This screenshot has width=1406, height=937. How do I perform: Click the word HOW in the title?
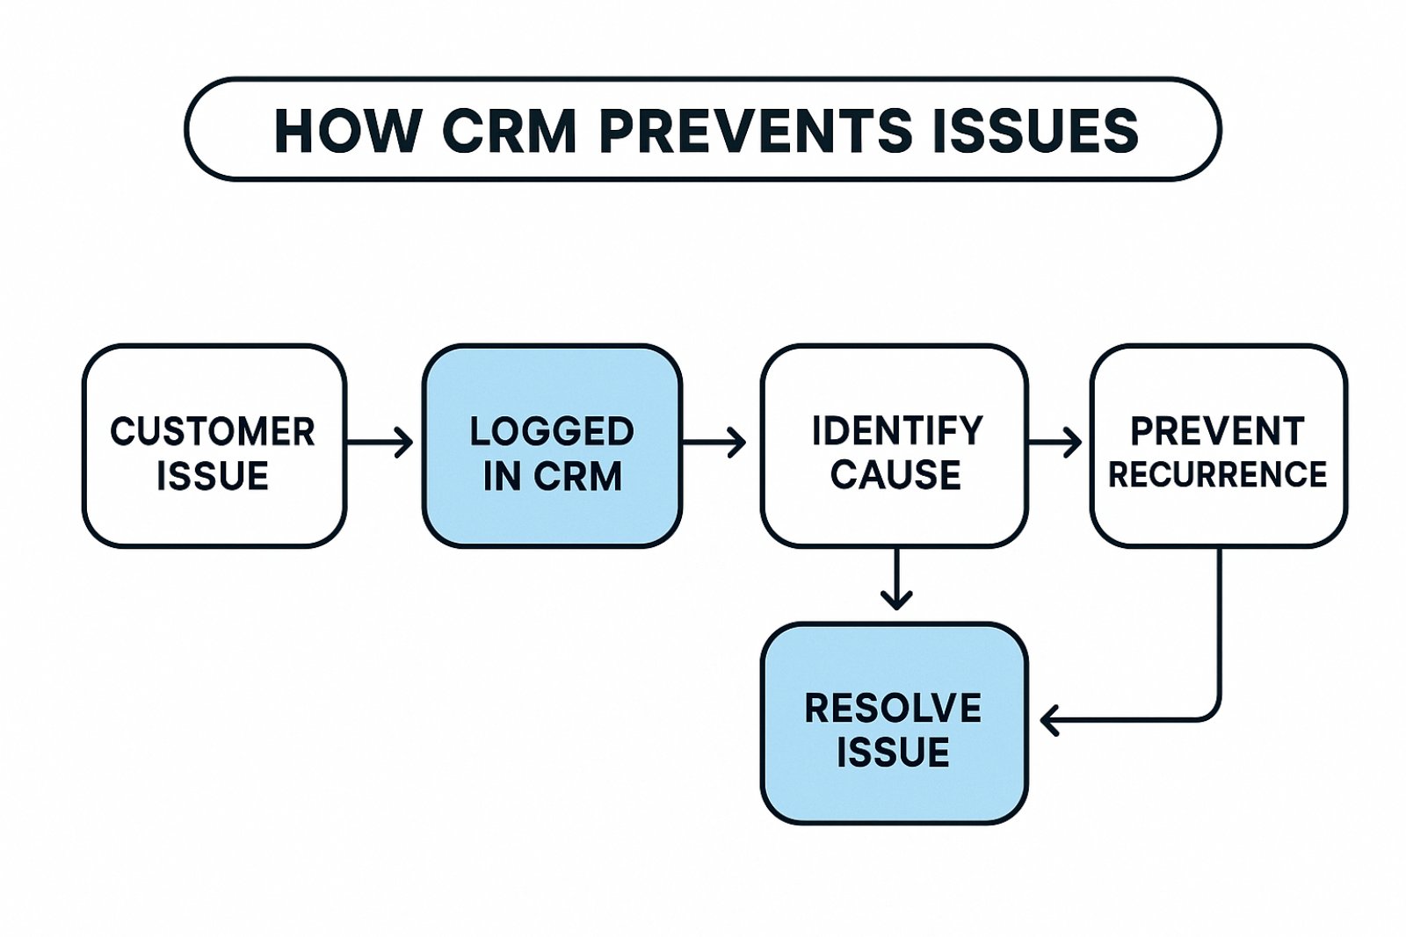347,131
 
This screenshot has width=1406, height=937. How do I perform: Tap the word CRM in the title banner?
509,131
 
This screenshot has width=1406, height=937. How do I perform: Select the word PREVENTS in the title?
756,131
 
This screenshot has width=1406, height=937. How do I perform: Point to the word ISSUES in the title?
1036,131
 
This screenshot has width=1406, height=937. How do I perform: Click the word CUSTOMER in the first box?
213,431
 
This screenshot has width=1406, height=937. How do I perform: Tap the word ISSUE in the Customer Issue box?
213,475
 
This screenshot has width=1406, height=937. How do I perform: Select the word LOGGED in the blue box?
553,431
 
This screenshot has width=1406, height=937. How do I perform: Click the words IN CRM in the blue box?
553,475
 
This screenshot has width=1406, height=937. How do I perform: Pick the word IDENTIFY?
897,431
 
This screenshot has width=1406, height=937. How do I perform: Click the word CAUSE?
895,474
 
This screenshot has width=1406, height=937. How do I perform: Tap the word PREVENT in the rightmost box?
1218,431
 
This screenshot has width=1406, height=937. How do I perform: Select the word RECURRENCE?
1218,474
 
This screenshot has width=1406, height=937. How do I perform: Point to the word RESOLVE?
893,709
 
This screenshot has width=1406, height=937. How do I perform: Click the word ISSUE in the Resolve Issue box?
893,752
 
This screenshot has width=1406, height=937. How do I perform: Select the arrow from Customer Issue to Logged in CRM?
379,443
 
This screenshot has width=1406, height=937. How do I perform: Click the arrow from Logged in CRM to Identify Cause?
714,443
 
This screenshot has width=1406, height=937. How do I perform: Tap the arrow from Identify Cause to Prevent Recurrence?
1054,443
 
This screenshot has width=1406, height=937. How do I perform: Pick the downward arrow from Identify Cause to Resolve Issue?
896,578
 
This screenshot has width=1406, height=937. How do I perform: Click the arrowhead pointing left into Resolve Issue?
1049,719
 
